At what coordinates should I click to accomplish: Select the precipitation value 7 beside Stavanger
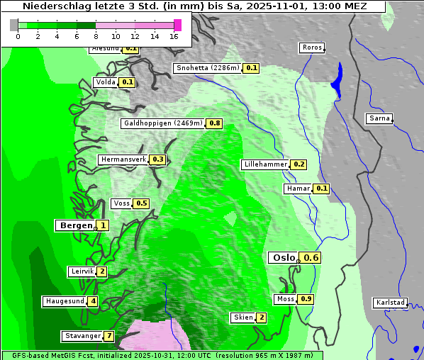coord(109,336)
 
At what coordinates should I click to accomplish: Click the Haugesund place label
coord(65,301)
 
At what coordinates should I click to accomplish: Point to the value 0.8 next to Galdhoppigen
coord(215,123)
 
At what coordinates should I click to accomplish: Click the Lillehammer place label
coord(265,164)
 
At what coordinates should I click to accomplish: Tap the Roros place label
coord(312,47)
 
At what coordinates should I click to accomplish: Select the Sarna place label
coord(379,118)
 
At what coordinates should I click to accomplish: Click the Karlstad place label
coord(390,303)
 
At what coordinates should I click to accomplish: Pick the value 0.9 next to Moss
coord(306,299)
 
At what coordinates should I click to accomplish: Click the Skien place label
coord(242,317)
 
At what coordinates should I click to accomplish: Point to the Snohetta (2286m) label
coord(208,68)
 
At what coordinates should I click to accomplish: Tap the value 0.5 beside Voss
coord(142,203)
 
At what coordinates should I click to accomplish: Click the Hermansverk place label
coord(123,159)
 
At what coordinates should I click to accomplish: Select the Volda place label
coord(105,82)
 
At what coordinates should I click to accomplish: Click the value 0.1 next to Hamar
coord(322,189)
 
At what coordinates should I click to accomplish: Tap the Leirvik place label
coord(82,271)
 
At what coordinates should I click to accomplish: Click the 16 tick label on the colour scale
coord(174,36)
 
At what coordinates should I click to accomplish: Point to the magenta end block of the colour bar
coord(177,25)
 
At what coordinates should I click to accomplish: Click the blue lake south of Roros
coord(337,76)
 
